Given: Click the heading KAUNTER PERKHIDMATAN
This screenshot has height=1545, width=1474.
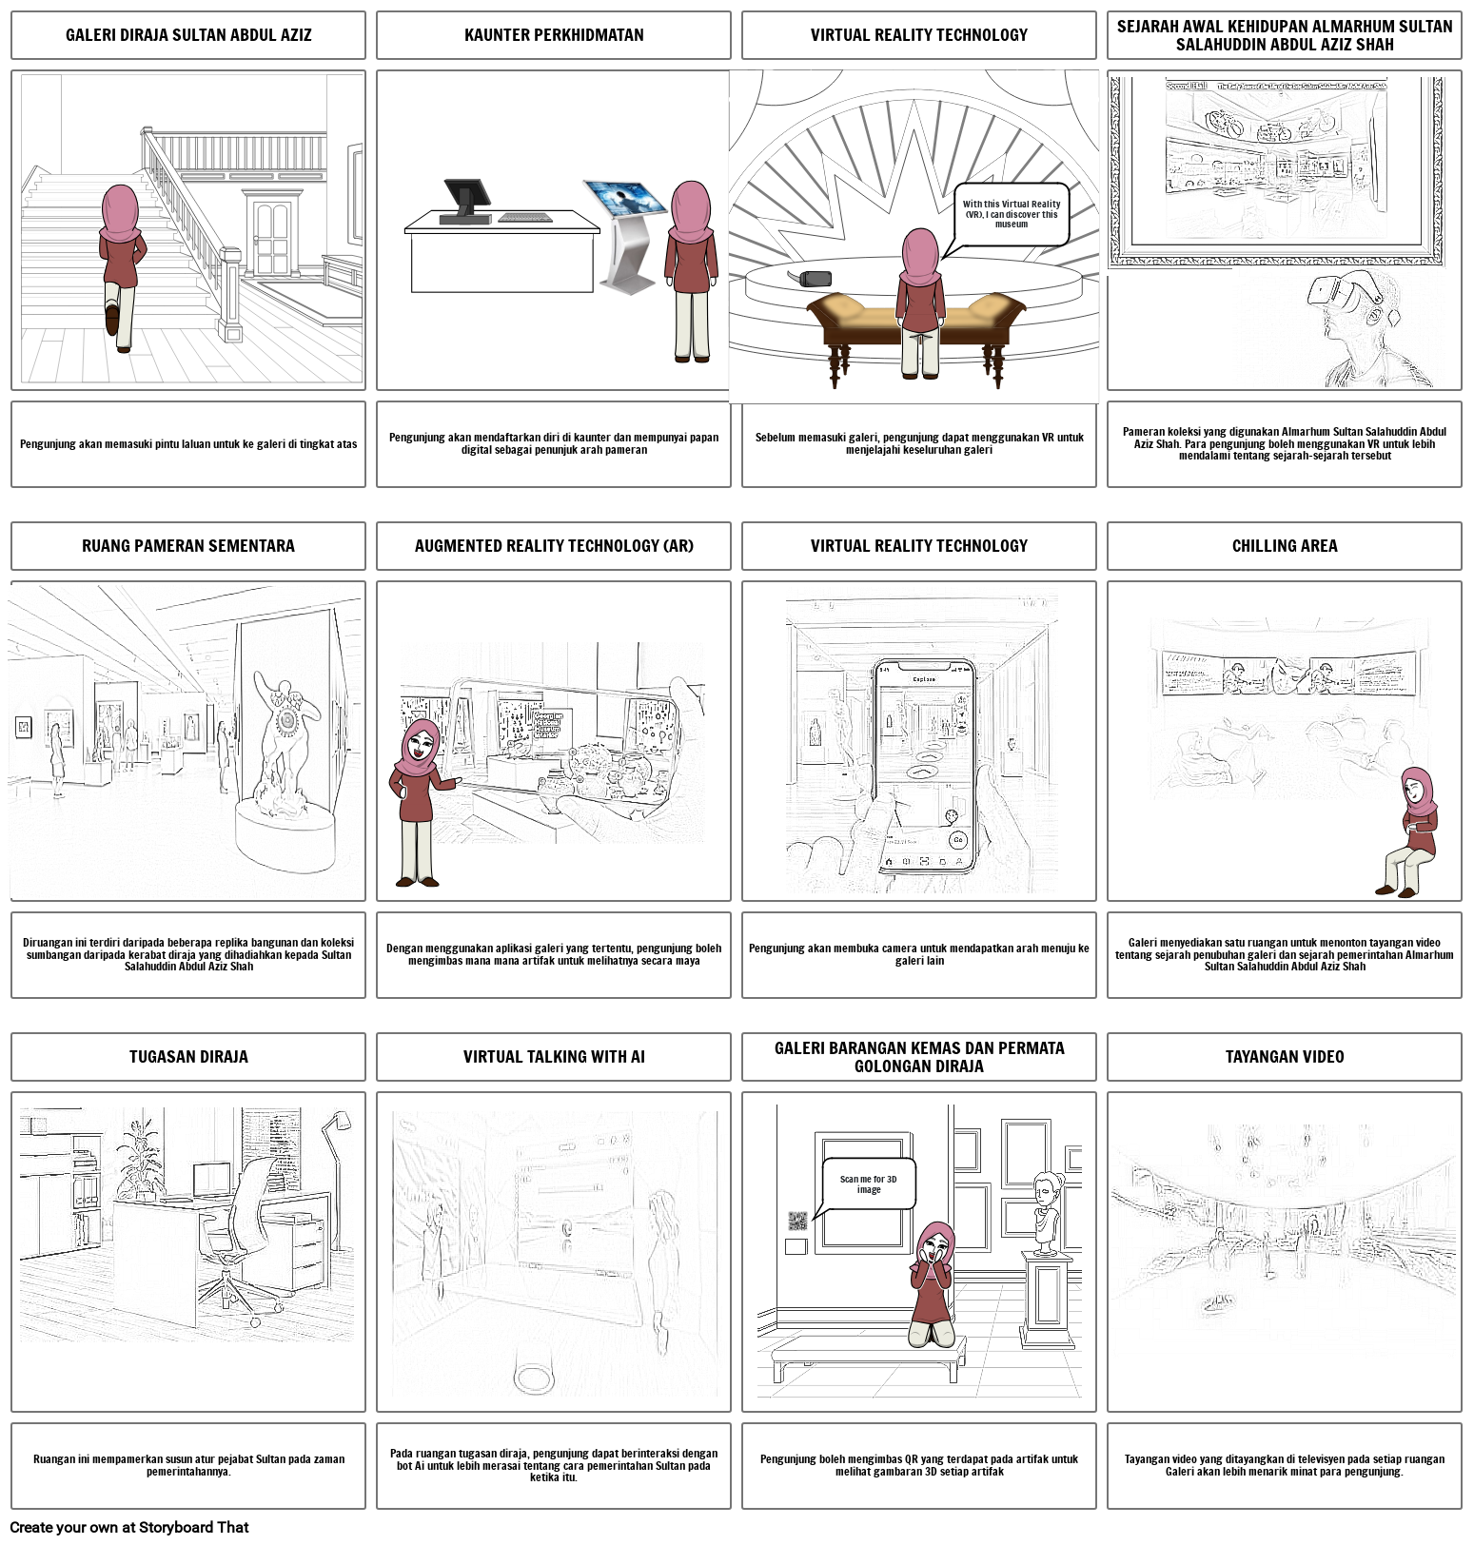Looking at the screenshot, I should [x=554, y=35].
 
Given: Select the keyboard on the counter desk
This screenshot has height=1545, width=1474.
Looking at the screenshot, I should [x=524, y=218].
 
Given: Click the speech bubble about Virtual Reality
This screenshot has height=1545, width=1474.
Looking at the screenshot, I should [x=1011, y=215].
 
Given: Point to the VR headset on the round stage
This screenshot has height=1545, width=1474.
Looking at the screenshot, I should [x=815, y=279].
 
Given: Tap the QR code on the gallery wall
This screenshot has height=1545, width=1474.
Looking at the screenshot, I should [x=797, y=1221].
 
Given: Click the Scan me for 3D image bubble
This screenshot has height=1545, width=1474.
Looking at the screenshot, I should [x=868, y=1184].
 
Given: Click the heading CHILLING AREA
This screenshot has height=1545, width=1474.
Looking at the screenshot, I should [x=1284, y=546].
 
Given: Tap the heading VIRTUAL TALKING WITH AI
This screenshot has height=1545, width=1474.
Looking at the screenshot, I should [x=554, y=1057].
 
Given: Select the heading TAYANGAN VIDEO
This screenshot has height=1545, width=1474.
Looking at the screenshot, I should [x=1284, y=1057].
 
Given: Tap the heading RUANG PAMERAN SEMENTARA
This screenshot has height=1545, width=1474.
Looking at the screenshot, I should [x=188, y=546].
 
